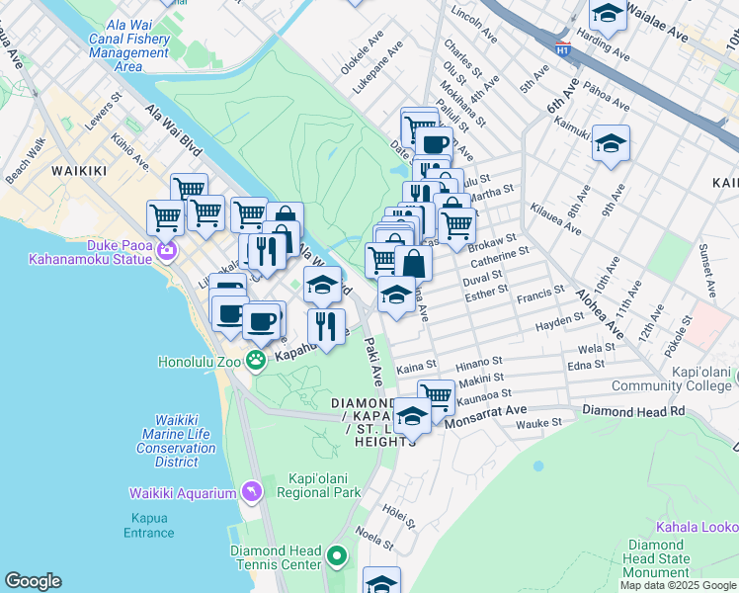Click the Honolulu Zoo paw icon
(x=256, y=361)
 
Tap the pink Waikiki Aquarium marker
(x=252, y=491)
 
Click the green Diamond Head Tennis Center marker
(x=337, y=557)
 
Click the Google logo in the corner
(x=33, y=581)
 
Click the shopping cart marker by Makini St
(x=436, y=395)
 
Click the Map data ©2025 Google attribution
(x=679, y=585)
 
